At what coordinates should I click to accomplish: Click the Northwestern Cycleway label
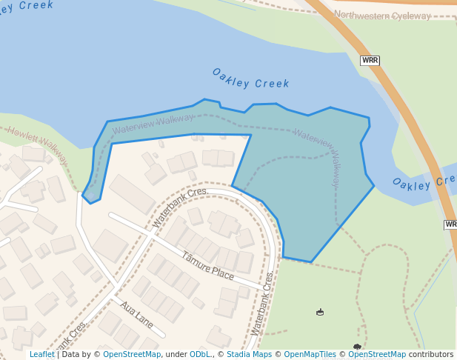point(382,15)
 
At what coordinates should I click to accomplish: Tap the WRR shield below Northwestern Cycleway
point(370,60)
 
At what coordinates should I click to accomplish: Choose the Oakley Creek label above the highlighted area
point(250,79)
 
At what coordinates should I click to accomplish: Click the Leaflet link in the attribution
point(41,354)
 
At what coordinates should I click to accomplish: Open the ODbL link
point(199,354)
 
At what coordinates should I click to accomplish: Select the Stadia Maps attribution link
point(250,354)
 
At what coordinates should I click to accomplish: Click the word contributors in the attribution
point(430,354)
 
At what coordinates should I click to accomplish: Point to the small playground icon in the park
point(320,312)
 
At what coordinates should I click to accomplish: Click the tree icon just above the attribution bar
point(357,346)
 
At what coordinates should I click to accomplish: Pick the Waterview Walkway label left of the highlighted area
point(153,124)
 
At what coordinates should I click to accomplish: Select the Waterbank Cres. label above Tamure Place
point(181,207)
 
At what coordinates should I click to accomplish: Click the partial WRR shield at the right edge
point(450,224)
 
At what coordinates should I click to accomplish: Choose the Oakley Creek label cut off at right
point(424,182)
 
